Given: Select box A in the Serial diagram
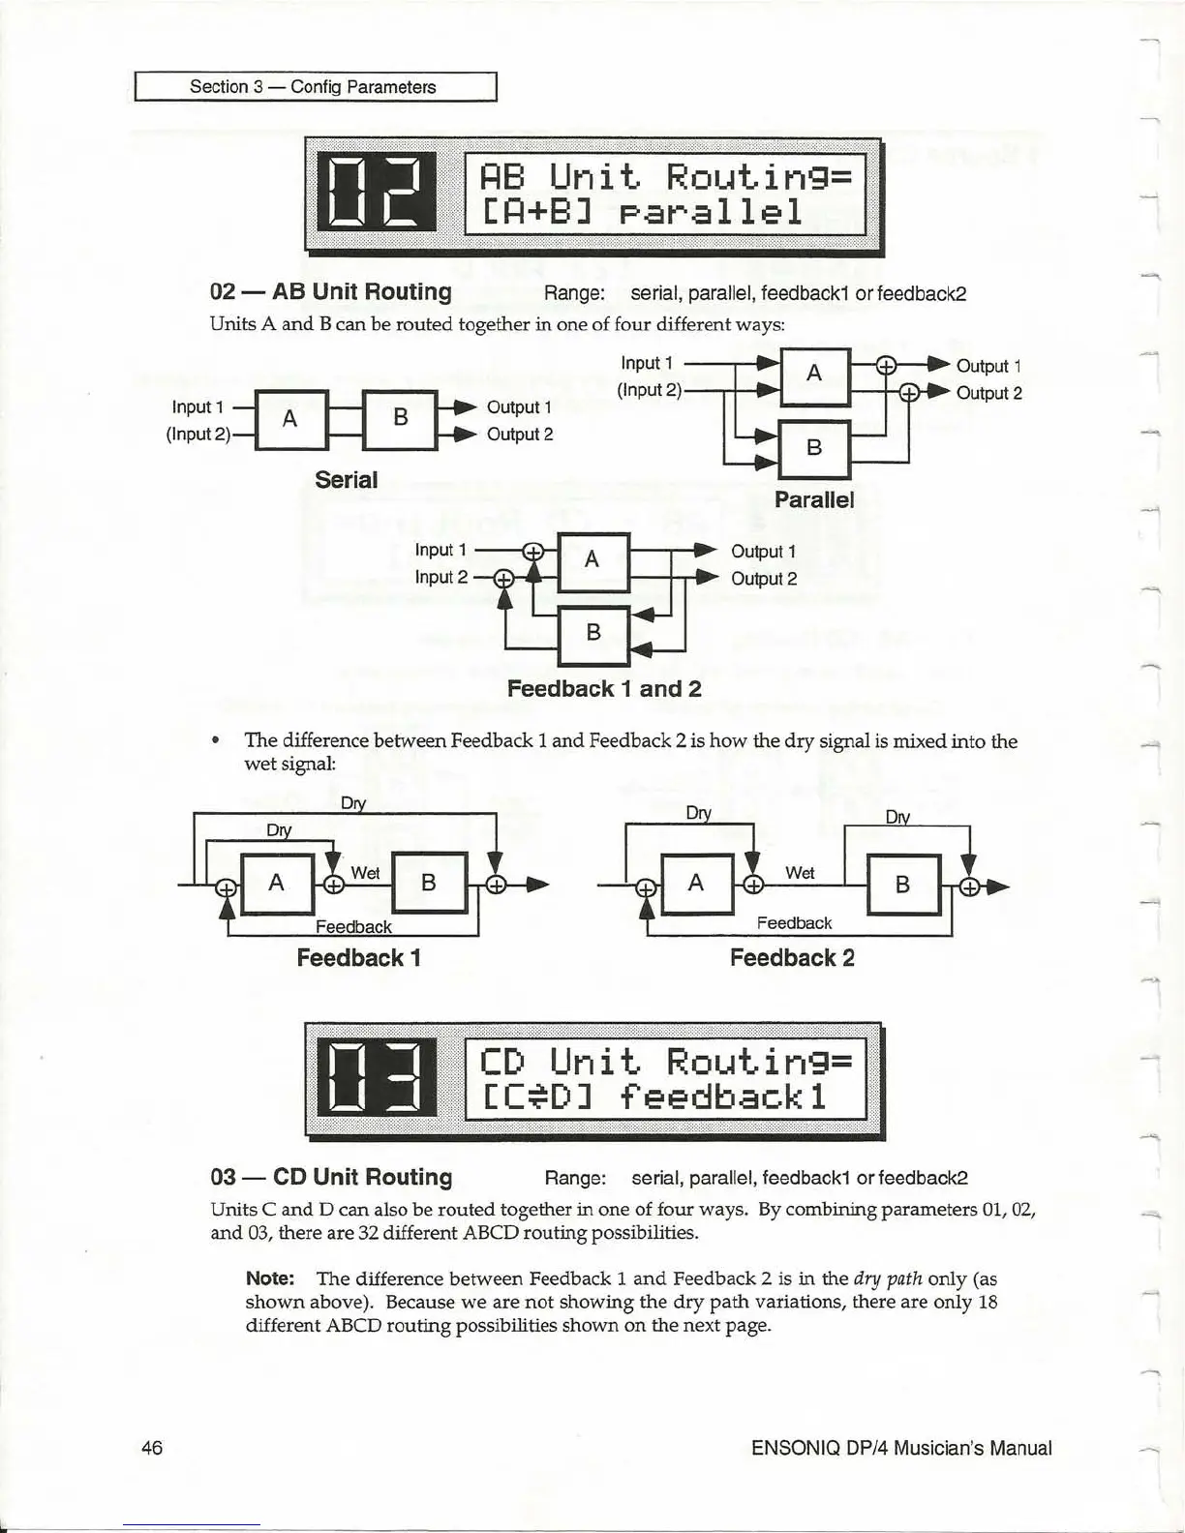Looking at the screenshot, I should (x=289, y=418).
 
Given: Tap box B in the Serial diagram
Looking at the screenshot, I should (x=401, y=418).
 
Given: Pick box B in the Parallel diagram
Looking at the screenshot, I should (x=814, y=447).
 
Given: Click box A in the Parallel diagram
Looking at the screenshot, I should (x=814, y=374).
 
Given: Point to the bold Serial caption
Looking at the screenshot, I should (x=346, y=480).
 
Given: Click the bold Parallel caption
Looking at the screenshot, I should (x=814, y=499).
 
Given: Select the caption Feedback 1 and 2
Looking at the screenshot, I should (x=604, y=689).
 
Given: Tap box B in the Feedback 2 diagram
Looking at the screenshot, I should (x=902, y=885).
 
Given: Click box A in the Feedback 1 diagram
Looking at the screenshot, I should (x=277, y=883).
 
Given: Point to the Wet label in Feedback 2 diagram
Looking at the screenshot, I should (x=800, y=873).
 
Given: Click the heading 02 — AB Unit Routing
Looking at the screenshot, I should (x=331, y=292).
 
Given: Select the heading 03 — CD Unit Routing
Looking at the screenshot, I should (x=331, y=1178).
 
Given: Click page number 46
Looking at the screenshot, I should (x=152, y=1448).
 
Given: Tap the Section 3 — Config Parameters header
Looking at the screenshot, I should (x=313, y=87).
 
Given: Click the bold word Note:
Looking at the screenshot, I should (x=270, y=1278).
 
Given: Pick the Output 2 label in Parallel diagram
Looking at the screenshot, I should (x=988, y=393).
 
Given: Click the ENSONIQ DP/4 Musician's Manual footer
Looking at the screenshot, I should (x=900, y=1449).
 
